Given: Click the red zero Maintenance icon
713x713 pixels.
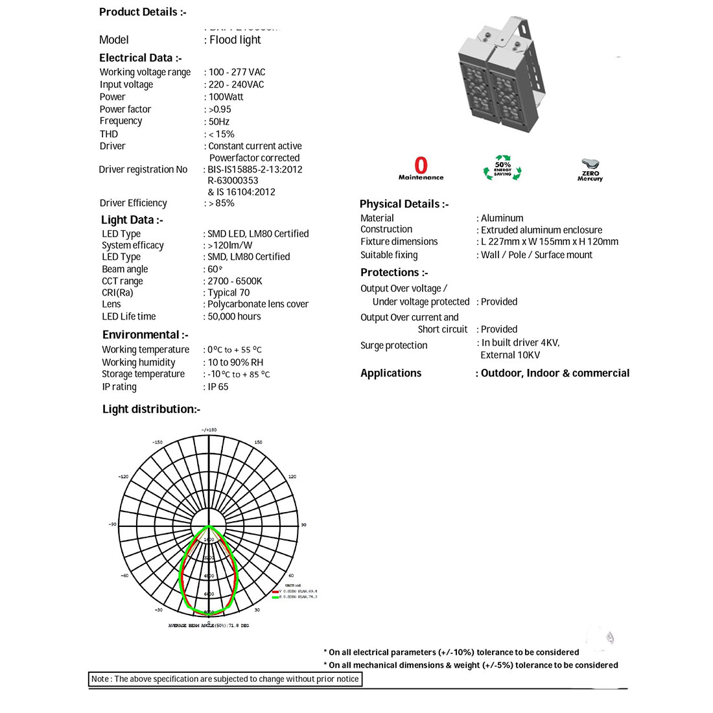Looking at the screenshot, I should point(421,169).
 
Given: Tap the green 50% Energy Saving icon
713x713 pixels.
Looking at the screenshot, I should point(502,167).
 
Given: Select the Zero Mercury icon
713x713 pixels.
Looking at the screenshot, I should point(590,169).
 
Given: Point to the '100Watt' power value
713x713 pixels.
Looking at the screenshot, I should point(226,97).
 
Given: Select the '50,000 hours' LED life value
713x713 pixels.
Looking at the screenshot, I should point(234,316).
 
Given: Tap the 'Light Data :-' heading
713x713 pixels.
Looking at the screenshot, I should point(132,220).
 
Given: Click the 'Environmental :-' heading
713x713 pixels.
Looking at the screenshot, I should point(145,334).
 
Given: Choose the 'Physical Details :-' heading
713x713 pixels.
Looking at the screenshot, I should point(404,204).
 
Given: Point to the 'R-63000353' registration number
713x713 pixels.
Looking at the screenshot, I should point(233,181).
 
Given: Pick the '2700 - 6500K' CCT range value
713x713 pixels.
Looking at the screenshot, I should point(235,281).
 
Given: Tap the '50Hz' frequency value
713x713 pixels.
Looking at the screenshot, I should point(219,121).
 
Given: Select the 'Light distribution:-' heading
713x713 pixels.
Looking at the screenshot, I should point(152,409).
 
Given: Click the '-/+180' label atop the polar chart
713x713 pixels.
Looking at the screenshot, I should point(209,430).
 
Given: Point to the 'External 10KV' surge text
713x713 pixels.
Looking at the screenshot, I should point(510,355).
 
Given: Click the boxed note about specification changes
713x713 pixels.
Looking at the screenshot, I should point(225,679).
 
